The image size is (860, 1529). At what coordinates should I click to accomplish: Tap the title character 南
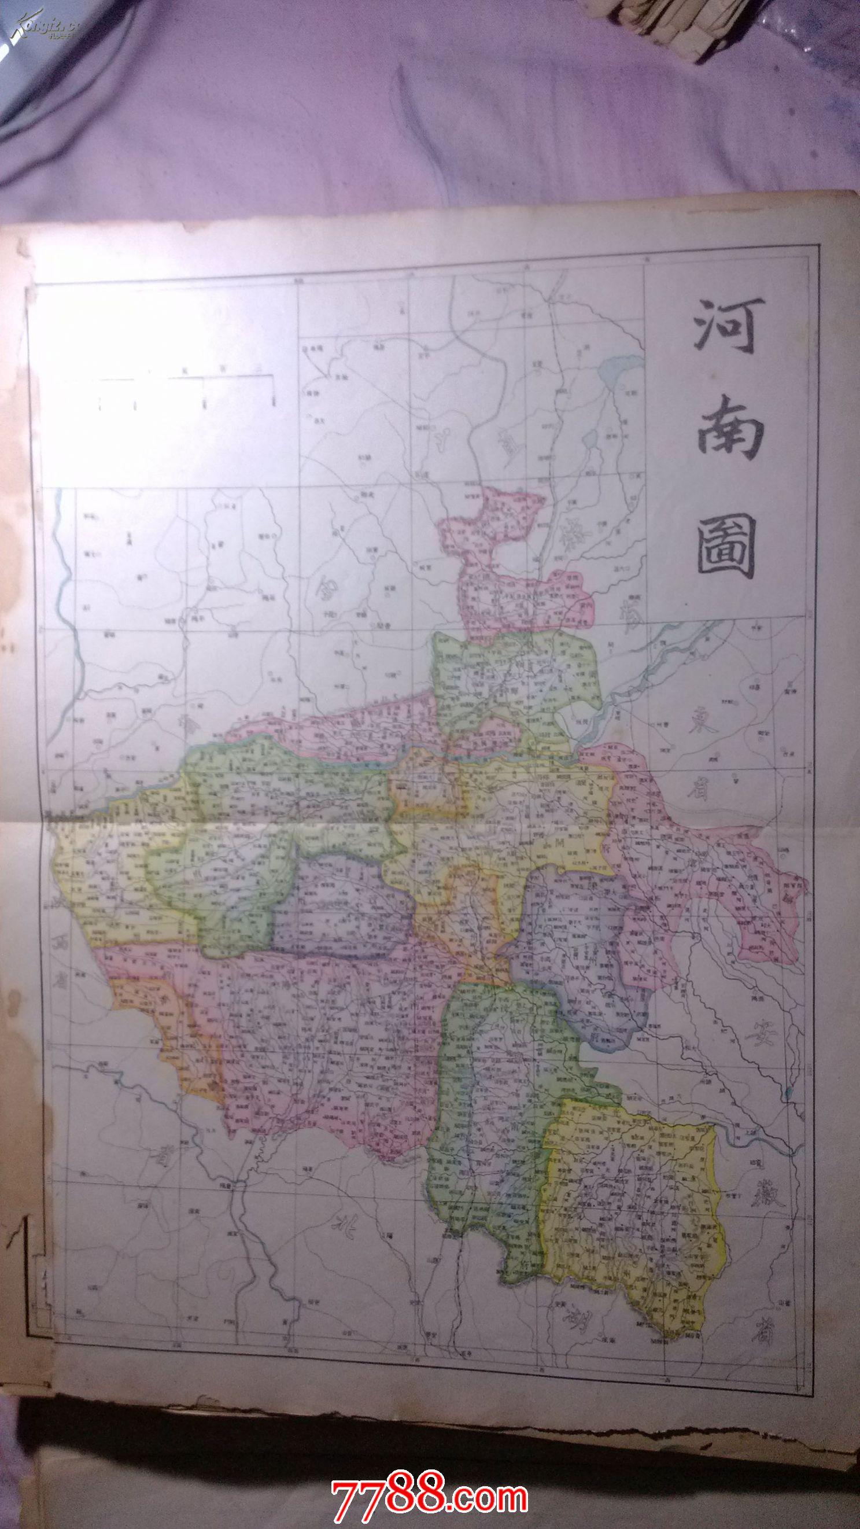pyautogui.click(x=725, y=429)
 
